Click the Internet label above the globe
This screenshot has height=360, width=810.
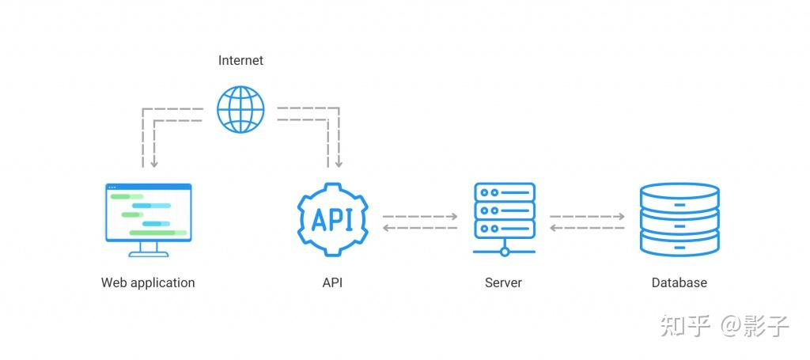[x=240, y=60]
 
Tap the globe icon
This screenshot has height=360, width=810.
[x=240, y=109]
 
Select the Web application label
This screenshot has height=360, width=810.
[x=148, y=282]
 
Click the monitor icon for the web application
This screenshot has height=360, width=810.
[x=148, y=214]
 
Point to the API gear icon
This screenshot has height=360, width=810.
[x=332, y=219]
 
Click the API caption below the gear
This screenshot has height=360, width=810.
[x=332, y=282]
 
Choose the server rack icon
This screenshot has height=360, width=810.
[x=505, y=210]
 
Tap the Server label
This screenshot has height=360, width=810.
[x=504, y=282]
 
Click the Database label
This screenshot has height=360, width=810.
[x=679, y=282]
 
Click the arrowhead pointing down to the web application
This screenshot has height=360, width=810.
[x=154, y=164]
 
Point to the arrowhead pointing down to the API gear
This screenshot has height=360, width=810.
[x=339, y=164]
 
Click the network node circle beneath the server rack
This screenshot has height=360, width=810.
[x=505, y=252]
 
